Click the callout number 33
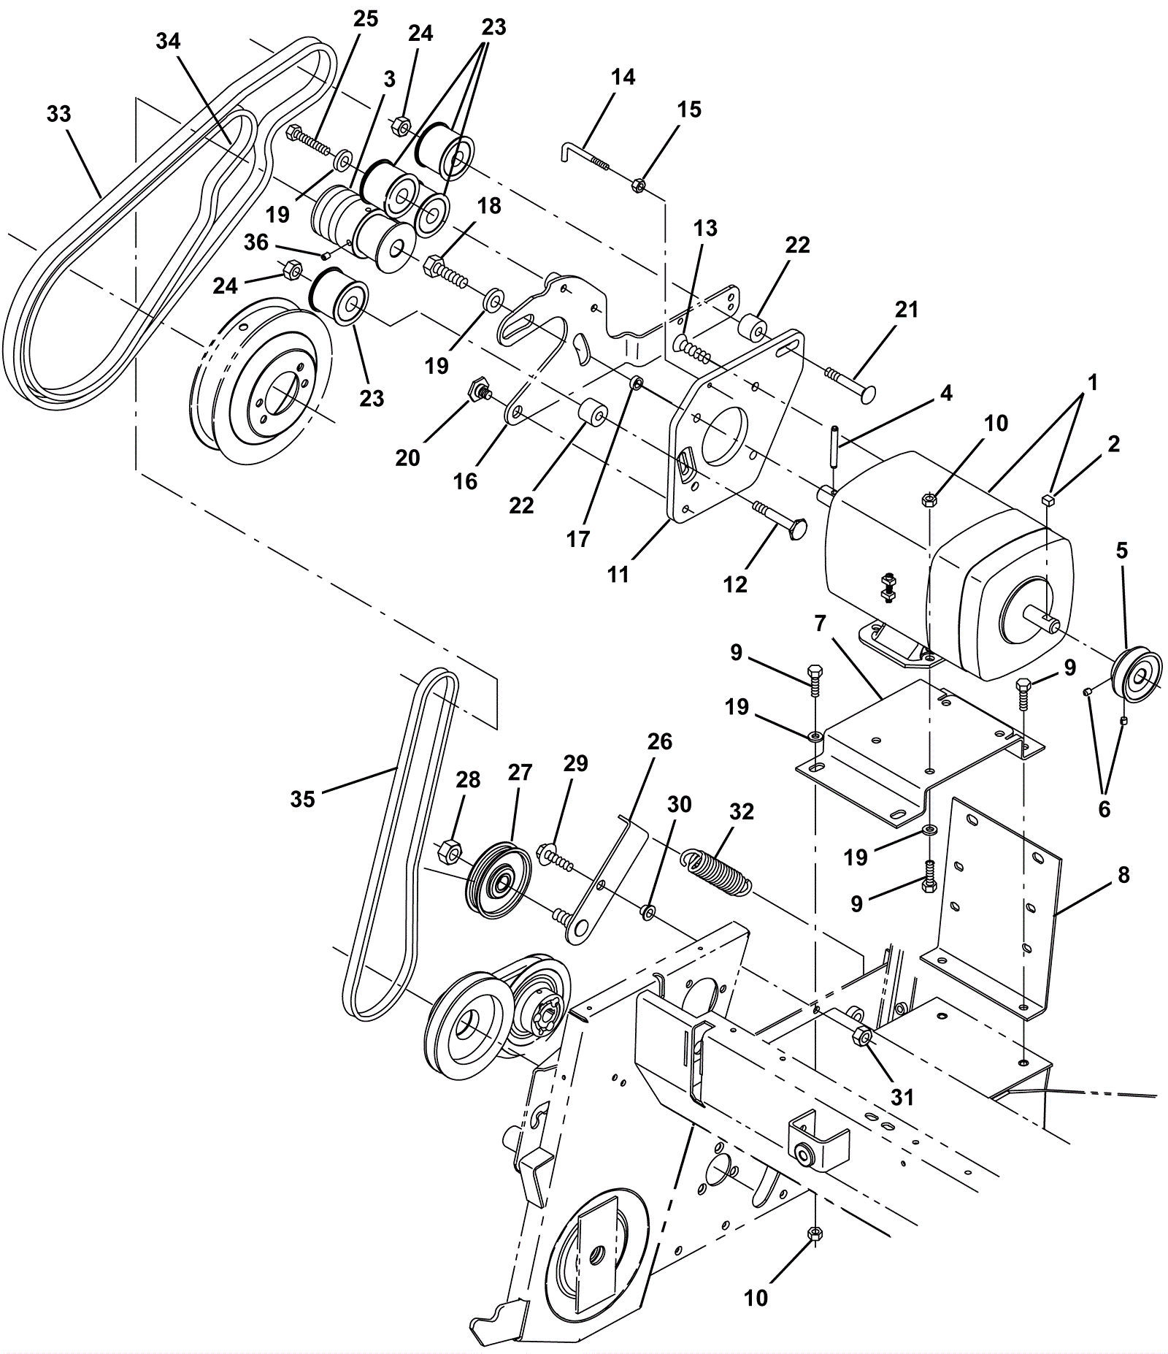click(59, 115)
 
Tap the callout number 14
click(623, 77)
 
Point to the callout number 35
click(303, 799)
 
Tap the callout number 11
click(618, 575)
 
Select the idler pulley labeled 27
click(499, 878)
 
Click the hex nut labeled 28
click(450, 852)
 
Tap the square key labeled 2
click(1047, 500)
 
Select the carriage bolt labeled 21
click(851, 385)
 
